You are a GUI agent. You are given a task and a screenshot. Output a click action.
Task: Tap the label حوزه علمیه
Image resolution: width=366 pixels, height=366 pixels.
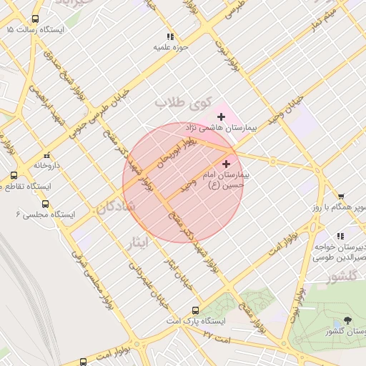170,47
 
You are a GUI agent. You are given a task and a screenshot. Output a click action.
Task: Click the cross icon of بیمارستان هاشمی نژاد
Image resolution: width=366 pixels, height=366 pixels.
221,116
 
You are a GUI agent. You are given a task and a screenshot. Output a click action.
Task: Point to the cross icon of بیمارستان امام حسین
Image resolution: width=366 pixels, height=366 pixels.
227,164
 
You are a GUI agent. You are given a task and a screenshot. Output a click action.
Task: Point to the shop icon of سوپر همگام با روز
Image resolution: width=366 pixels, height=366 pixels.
341,196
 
